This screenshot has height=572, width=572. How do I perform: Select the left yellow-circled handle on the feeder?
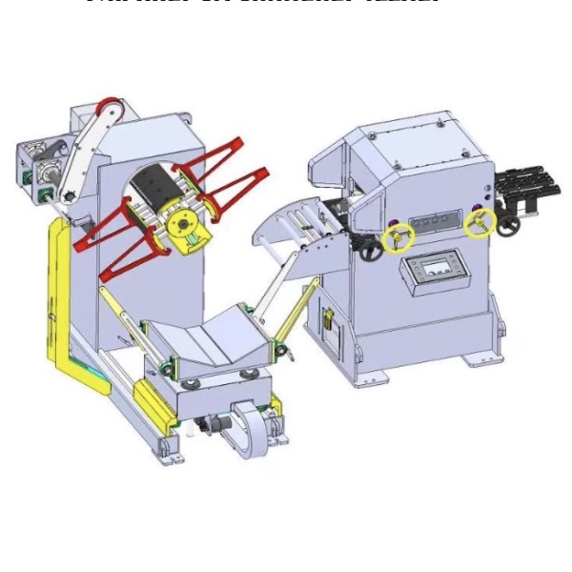398,236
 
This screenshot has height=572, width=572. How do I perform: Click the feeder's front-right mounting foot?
477,360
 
